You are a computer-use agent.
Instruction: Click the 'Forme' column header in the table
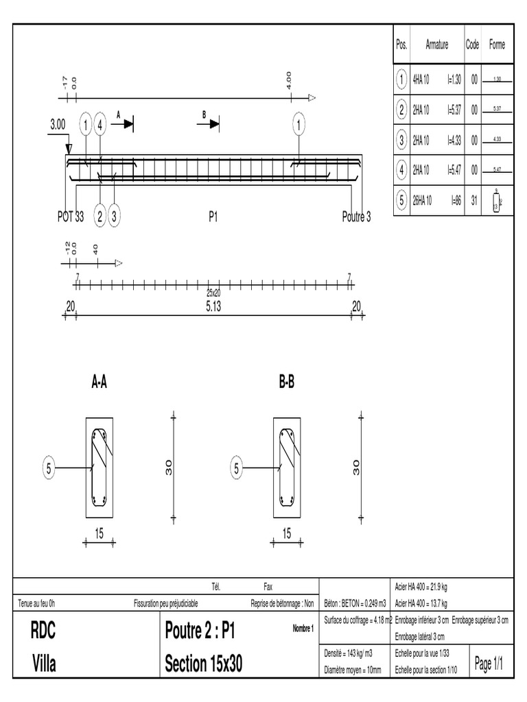tap(497, 45)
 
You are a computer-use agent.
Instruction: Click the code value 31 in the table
tap(473, 201)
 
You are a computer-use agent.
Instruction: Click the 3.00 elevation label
tap(58, 125)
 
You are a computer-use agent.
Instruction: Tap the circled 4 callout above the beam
tap(100, 125)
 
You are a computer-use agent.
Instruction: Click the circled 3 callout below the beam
tap(115, 217)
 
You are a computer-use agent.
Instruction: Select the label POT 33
tap(70, 217)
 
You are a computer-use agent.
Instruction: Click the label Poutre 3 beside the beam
tap(356, 217)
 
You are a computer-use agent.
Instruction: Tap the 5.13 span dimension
tap(213, 306)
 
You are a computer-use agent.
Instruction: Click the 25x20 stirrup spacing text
tap(213, 293)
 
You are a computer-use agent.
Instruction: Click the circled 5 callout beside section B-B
tap(236, 469)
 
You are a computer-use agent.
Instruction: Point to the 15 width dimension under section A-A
tap(99, 533)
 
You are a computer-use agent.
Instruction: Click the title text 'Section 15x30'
tap(204, 664)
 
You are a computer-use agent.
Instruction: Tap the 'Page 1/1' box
tap(489, 664)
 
